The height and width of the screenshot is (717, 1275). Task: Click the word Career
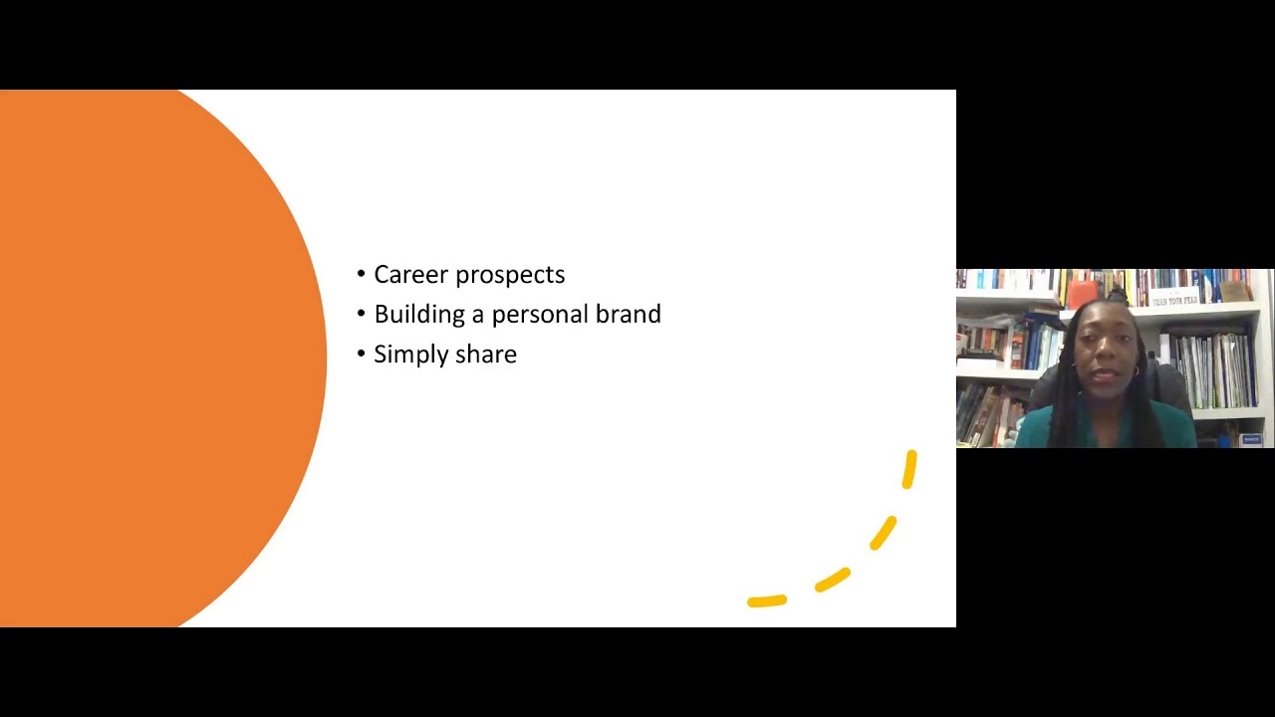(411, 274)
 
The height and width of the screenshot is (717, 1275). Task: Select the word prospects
(511, 276)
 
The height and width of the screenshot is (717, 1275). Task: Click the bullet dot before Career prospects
(361, 274)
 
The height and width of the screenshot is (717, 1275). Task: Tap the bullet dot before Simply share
(361, 354)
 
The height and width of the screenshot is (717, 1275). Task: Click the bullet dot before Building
(361, 314)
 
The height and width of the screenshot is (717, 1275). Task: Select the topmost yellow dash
(909, 469)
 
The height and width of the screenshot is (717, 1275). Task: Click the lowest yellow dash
(767, 600)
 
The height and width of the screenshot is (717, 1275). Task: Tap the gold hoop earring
(1136, 371)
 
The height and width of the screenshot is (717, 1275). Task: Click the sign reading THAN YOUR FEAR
(1174, 300)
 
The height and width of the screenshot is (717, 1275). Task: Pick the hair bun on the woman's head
(1117, 294)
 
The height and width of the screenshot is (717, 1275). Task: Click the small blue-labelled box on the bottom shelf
(1251, 439)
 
